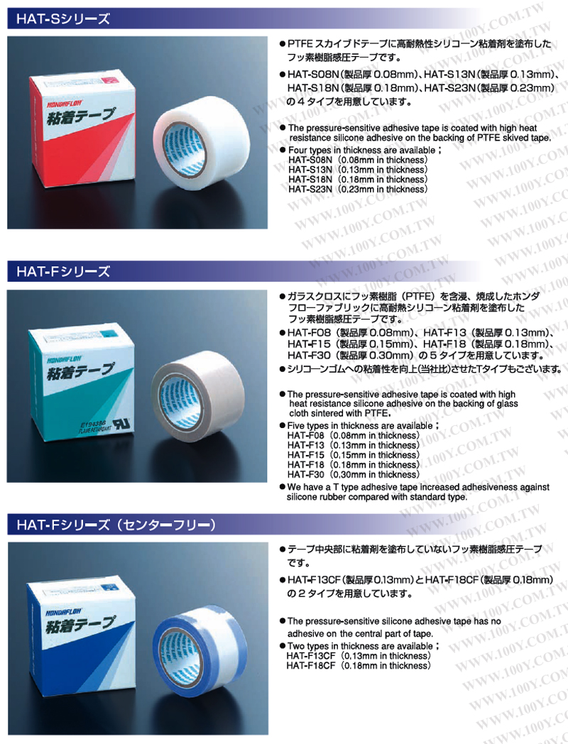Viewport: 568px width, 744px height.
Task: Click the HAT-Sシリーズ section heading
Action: coord(63,19)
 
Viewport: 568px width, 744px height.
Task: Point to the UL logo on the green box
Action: coord(121,424)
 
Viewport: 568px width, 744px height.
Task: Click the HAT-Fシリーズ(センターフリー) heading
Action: coord(116,525)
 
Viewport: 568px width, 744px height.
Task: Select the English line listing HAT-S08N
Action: coord(358,160)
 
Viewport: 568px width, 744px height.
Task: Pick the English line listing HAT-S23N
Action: coord(358,190)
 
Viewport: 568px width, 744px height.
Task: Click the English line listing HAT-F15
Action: coord(354,455)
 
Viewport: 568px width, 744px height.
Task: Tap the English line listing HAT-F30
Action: coord(354,474)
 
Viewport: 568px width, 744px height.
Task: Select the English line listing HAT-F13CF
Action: coord(359,656)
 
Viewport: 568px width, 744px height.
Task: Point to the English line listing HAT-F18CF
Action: coord(359,666)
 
